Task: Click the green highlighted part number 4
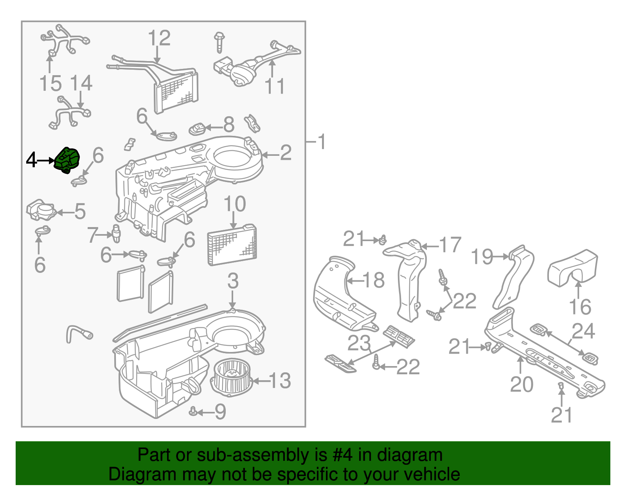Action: (67, 160)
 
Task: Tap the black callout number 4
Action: (31, 160)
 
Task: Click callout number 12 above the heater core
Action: (159, 38)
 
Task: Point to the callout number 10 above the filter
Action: (235, 204)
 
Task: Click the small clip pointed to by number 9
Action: (193, 411)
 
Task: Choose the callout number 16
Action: (580, 307)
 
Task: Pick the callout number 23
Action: (359, 344)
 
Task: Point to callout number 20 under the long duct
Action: (522, 384)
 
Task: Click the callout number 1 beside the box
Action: (322, 142)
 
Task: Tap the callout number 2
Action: (286, 153)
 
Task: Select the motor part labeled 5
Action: (41, 211)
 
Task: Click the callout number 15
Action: (50, 84)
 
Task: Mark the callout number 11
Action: (275, 86)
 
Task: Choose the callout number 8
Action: (229, 125)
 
